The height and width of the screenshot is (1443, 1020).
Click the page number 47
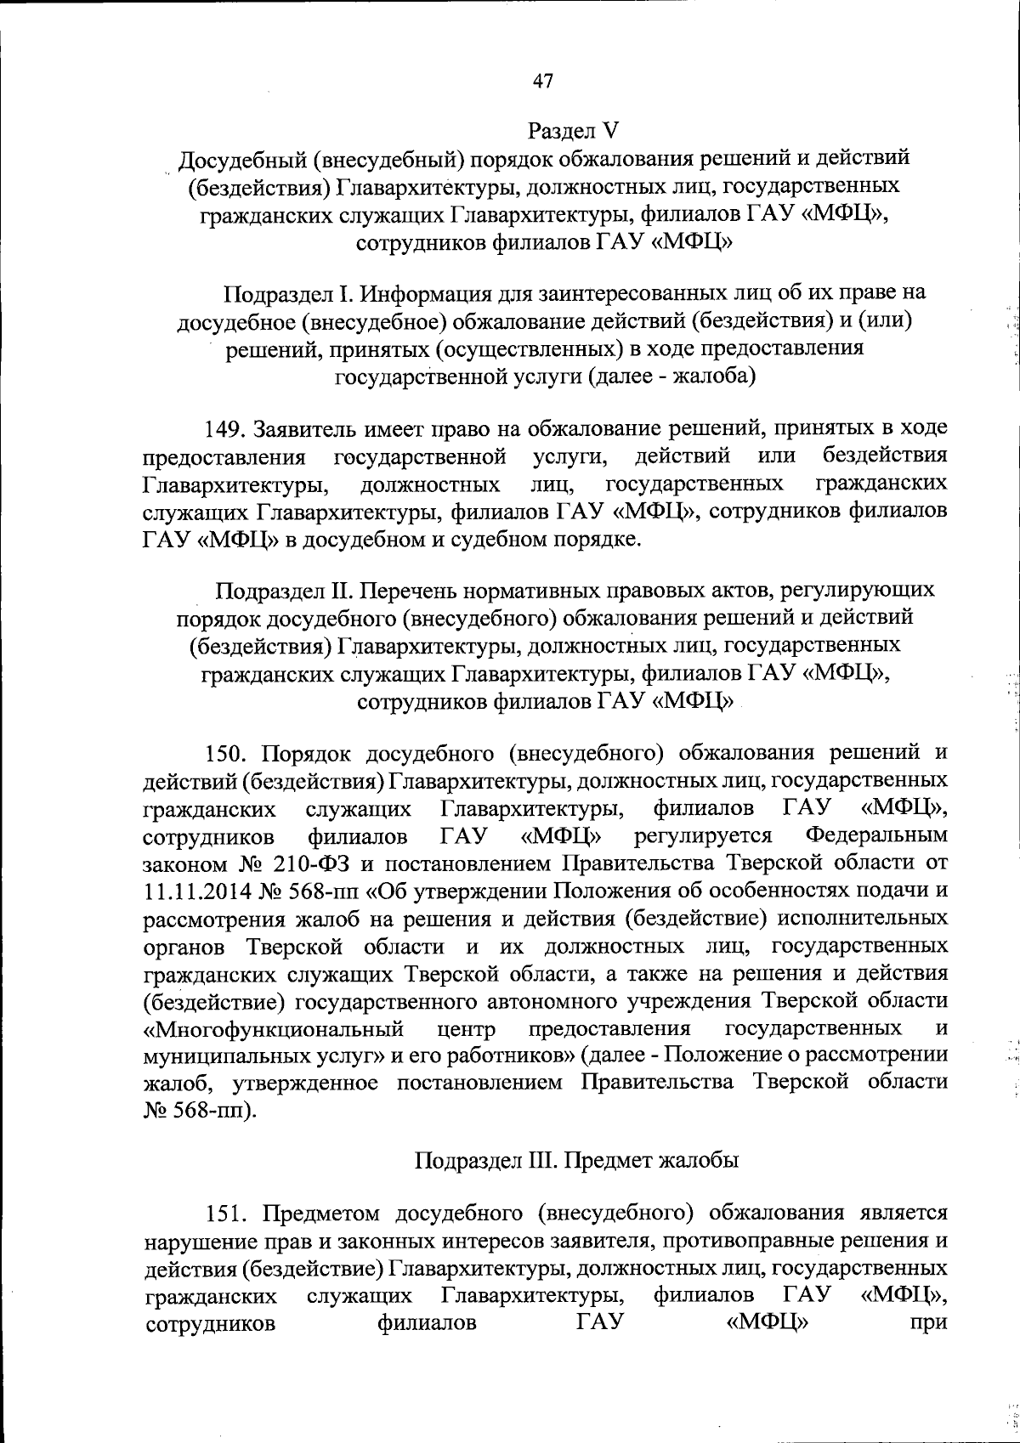pyautogui.click(x=543, y=81)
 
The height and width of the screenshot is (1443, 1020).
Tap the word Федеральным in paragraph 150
pyautogui.click(x=876, y=835)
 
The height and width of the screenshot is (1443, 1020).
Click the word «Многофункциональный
pyautogui.click(x=272, y=1029)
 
